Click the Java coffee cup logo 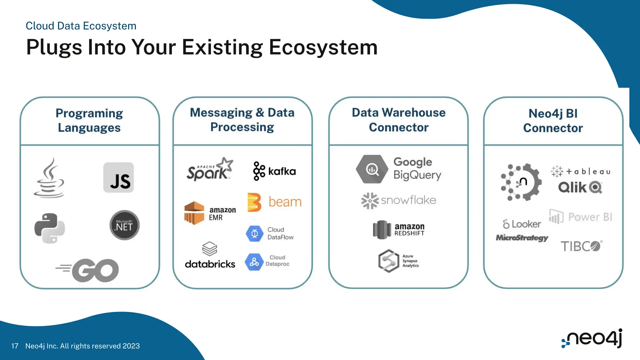point(49,178)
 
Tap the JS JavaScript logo point(119,177)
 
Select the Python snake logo point(50,228)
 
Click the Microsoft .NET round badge point(124,225)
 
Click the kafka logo point(274,171)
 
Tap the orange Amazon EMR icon point(194,213)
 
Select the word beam point(285,202)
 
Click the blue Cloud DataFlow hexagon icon point(255,233)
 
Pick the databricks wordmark point(210,264)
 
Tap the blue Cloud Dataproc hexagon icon point(254,262)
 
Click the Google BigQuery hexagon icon point(372,169)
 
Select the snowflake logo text point(408,200)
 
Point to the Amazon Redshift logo point(399,229)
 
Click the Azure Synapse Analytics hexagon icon point(388,261)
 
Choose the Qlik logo point(580,187)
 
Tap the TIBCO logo point(581,246)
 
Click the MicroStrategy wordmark point(522,238)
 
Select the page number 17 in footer point(15,346)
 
